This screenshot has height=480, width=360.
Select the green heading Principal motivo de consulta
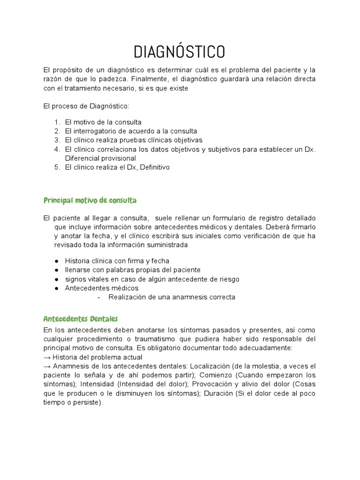point(90,201)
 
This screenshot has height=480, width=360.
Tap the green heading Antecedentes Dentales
point(80,319)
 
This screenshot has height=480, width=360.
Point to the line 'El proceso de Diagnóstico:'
point(82,106)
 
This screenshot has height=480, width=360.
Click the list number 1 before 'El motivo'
point(57,122)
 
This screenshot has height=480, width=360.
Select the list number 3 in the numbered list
point(57,140)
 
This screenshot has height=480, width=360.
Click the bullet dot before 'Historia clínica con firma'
point(57,261)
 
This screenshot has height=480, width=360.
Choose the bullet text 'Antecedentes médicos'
point(102,288)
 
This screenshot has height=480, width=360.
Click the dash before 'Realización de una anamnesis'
point(98,297)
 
